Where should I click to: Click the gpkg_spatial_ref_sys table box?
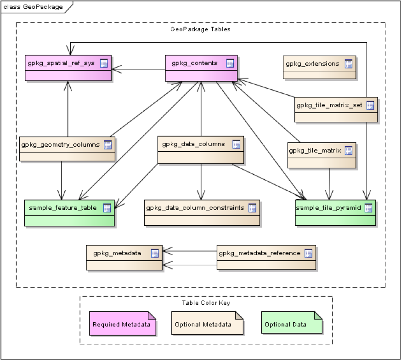coord(68,68)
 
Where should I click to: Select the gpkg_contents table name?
coord(194,63)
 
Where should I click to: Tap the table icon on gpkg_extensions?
coord(349,64)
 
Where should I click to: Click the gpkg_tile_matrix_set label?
coord(329,105)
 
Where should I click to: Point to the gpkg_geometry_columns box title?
coord(60,145)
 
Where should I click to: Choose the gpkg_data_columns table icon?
coord(236,144)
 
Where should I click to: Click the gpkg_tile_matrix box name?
coord(315,150)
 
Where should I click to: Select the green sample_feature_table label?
coord(62,208)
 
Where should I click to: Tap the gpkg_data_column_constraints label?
coord(195,208)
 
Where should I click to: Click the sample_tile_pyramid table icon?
coord(368,208)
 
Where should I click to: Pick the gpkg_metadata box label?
coord(117,253)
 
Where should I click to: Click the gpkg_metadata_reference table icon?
coord(308,253)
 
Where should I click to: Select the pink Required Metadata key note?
coord(123,323)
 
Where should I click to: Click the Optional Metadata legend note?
coord(207,323)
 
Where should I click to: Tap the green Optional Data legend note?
coord(292,322)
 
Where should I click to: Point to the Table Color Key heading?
coord(206,303)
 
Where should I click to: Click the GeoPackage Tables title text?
coord(200,29)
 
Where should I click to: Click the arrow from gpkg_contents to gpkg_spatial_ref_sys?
coord(138,69)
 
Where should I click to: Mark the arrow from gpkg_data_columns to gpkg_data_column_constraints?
coord(201,182)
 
